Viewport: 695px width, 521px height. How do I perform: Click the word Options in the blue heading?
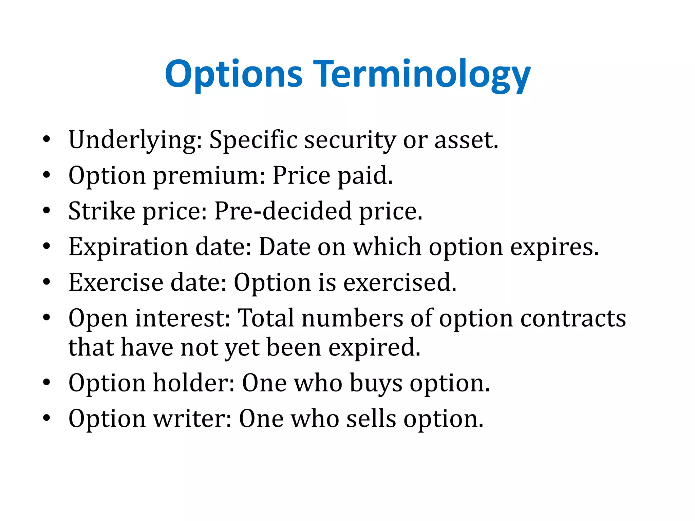pyautogui.click(x=233, y=74)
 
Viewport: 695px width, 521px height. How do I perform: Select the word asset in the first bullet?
pyautogui.click(x=466, y=140)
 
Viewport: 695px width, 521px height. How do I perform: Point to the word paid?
pyautogui.click(x=365, y=176)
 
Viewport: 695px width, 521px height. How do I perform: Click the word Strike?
pyautogui.click(x=102, y=211)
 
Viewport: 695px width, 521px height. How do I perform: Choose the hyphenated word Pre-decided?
pyautogui.click(x=283, y=211)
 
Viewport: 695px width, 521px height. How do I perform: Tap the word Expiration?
pyautogui.click(x=128, y=247)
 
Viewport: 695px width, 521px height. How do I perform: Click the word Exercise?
pyautogui.click(x=115, y=283)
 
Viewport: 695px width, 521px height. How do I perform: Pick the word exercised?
pyautogui.click(x=400, y=283)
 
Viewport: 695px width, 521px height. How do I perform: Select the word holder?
pyautogui.click(x=194, y=383)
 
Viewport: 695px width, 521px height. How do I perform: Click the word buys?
pyautogui.click(x=376, y=383)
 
